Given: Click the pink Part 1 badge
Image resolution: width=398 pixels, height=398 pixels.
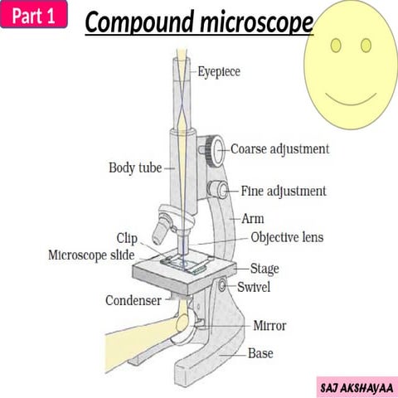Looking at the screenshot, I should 33,16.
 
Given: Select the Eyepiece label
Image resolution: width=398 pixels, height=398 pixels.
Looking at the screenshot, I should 219,72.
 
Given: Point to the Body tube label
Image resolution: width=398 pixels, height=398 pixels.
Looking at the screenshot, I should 135,167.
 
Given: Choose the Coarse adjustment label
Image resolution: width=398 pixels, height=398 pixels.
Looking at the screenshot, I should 279,149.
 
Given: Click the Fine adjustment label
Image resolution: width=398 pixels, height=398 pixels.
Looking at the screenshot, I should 284,191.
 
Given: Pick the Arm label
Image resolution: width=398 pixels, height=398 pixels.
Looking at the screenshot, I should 252,220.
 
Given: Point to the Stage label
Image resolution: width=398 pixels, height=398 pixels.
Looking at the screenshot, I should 265,269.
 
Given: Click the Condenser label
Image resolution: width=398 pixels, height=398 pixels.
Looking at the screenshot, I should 132,299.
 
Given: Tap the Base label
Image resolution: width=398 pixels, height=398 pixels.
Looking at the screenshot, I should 260,353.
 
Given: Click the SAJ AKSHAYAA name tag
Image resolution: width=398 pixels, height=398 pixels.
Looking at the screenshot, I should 357,386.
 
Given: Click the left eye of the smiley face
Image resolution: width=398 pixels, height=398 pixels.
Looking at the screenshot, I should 335,44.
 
